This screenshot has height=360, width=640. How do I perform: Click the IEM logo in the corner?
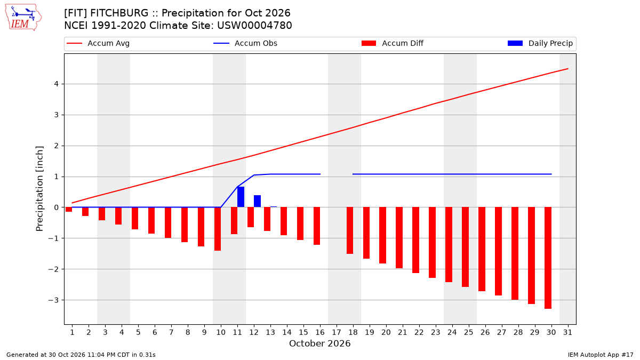pos(23,18)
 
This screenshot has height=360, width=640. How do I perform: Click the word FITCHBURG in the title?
pos(119,13)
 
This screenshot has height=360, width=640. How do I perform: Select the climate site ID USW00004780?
pos(254,26)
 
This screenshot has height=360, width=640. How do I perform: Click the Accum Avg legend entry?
pos(98,43)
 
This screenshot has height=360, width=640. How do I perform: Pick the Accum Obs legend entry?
pos(245,43)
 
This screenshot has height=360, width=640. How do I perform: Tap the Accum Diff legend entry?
pos(393,43)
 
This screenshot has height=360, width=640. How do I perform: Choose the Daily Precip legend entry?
pos(540,43)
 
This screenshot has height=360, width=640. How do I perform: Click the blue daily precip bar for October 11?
pos(241,197)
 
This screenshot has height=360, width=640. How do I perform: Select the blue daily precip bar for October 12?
pos(257,201)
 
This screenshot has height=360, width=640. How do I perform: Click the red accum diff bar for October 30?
pos(548,258)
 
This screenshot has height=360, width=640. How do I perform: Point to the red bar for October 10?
pos(218,229)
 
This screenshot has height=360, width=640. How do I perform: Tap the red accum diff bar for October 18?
pos(350,230)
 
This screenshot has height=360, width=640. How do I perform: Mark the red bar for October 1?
pos(69,210)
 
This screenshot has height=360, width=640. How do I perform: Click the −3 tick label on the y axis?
pos(53,300)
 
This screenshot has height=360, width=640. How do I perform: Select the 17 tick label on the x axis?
pos(337,332)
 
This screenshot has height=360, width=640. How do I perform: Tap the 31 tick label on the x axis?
pos(567,332)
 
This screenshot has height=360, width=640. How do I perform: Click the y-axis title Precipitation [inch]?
pos(39,189)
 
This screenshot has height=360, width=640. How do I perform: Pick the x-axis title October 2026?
pos(319,343)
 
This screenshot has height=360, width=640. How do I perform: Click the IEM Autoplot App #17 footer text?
pos(601,355)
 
